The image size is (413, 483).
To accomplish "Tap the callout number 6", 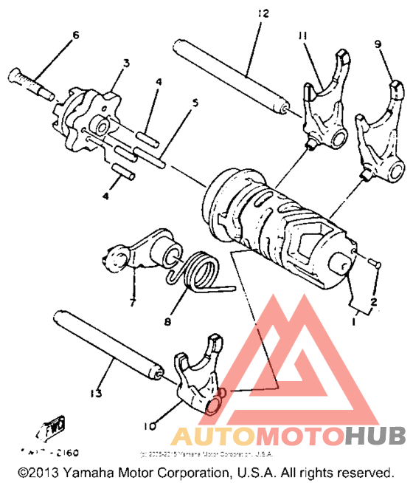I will click(x=74, y=35).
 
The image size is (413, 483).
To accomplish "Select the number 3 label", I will click(x=126, y=64).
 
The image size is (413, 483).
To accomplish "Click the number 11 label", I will click(x=302, y=36).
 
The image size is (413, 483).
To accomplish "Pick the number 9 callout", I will click(x=378, y=44).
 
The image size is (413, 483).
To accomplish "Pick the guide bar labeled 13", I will click(x=106, y=340).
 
